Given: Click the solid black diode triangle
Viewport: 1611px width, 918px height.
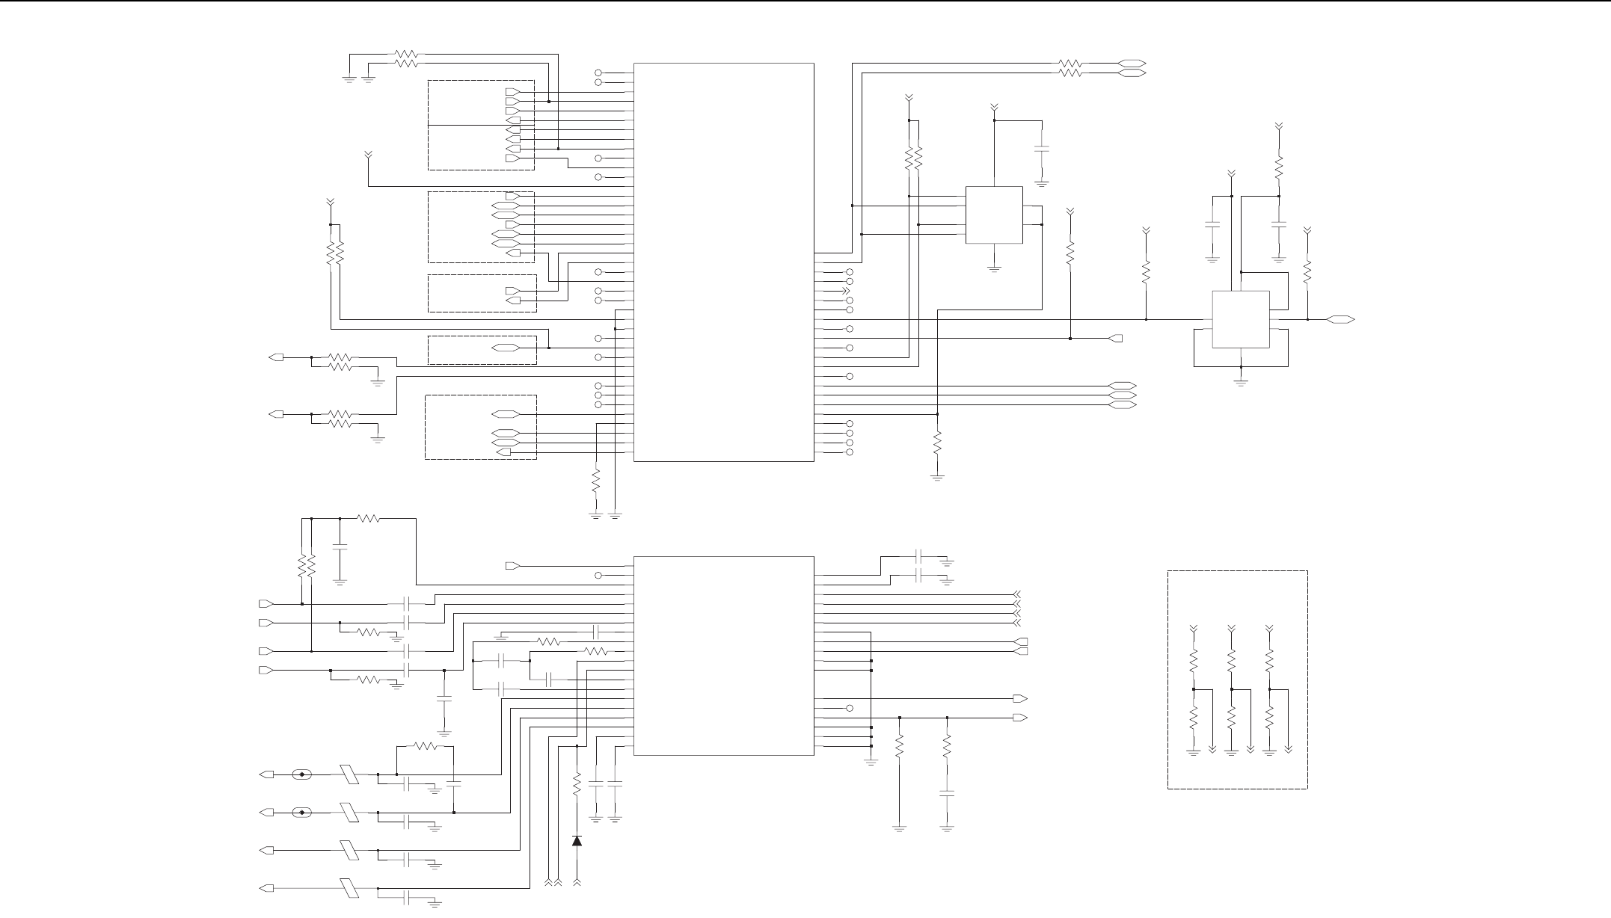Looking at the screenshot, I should click(x=577, y=840).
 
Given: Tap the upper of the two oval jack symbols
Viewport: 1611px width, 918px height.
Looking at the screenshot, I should click(x=302, y=774).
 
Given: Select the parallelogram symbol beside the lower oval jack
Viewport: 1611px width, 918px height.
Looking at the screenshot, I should click(x=350, y=812).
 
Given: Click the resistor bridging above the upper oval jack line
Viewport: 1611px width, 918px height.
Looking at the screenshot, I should click(x=425, y=745).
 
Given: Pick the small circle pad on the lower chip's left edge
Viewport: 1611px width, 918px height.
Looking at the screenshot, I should click(x=598, y=576).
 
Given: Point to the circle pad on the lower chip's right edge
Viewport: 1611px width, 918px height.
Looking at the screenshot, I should click(x=849, y=708).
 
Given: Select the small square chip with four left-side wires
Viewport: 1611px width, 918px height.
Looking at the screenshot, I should click(x=994, y=215).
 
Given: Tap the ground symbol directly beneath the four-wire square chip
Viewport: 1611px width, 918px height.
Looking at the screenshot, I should click(x=994, y=269).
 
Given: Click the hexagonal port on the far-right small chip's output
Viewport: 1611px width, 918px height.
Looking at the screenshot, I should click(x=1340, y=320).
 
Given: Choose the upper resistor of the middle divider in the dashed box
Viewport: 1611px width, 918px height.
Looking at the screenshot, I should click(x=1232, y=660).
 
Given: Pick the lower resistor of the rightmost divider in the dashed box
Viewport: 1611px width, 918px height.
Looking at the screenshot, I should click(x=1269, y=718).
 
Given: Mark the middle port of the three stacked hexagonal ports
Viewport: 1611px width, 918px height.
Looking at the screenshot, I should click(x=1121, y=395).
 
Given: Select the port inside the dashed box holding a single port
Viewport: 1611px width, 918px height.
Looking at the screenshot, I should click(x=505, y=348).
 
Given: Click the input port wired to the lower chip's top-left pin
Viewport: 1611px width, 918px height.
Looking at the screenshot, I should click(x=512, y=566).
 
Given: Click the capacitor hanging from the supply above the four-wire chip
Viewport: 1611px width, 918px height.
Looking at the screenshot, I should click(x=1042, y=150).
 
